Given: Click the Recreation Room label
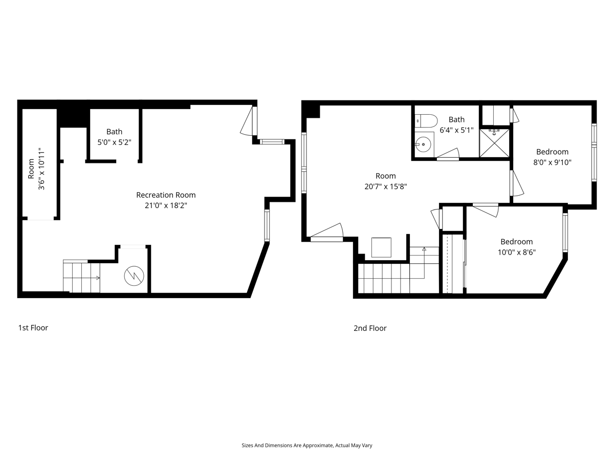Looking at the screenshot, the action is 166,195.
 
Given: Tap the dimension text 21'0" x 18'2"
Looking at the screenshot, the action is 166,205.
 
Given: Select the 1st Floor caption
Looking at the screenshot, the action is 33,328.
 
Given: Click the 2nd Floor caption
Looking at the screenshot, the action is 370,328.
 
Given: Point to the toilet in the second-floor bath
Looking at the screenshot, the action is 426,121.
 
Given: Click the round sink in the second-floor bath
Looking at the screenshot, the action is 423,144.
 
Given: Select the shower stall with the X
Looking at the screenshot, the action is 495,143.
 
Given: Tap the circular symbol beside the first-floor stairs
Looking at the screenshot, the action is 134,276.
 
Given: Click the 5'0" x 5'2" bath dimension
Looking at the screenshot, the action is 114,142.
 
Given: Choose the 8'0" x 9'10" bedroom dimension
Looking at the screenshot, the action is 552,162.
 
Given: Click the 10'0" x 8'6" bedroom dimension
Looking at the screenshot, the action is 516,252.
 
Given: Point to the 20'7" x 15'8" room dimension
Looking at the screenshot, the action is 385,186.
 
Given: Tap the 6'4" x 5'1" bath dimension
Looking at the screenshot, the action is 456,130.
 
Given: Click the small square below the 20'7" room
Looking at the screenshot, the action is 381,247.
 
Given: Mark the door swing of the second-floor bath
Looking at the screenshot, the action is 448,154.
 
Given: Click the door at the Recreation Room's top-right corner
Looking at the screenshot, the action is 248,121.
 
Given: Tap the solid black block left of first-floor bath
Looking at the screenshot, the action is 73,118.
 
